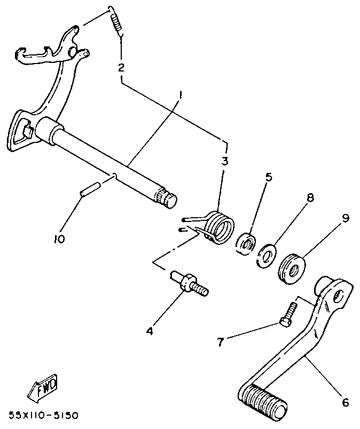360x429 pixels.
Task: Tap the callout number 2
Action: coord(121,68)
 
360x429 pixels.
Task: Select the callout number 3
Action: coord(225,161)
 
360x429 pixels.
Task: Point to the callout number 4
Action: coord(150,331)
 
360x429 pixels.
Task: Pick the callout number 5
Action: coord(269,177)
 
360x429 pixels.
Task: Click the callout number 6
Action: coord(345,403)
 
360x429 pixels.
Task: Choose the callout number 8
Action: coord(309,197)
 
